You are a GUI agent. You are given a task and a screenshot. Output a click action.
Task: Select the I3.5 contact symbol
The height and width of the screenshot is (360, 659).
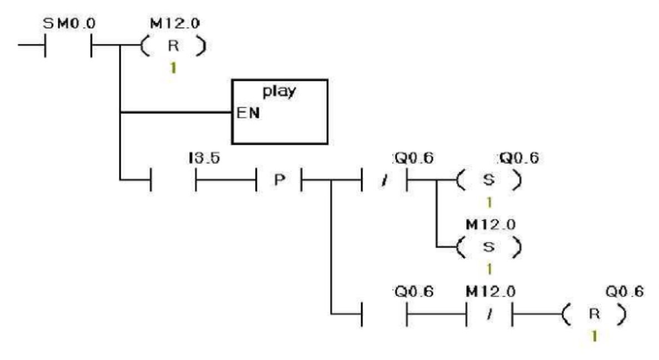point(173,181)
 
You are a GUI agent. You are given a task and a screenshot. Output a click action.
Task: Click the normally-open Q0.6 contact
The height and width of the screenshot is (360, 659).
point(385,314)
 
